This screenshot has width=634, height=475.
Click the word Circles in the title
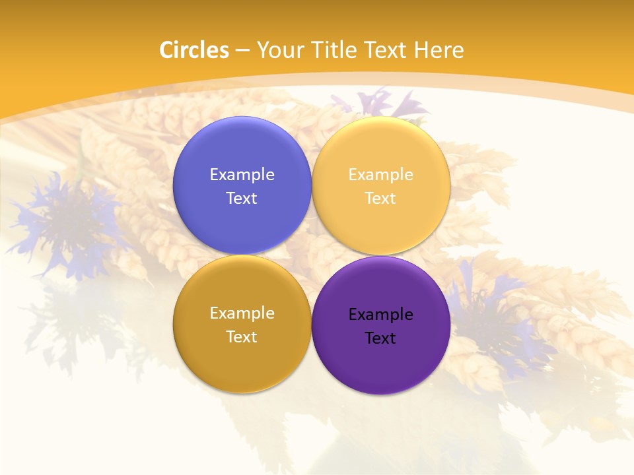pyautogui.click(x=194, y=50)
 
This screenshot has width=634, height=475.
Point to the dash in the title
pyautogui.click(x=242, y=51)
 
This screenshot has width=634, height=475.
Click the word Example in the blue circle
pyautogui.click(x=242, y=174)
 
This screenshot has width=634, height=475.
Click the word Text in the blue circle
pyautogui.click(x=242, y=198)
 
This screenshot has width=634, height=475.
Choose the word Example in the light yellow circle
pyautogui.click(x=380, y=174)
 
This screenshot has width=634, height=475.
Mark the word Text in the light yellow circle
pyautogui.click(x=380, y=198)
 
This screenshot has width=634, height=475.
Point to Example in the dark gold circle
pyautogui.click(x=242, y=313)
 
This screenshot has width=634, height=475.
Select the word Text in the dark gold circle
pyautogui.click(x=242, y=336)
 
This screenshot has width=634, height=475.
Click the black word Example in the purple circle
pyautogui.click(x=380, y=314)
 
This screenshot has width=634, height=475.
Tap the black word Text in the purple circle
pyautogui.click(x=380, y=338)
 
